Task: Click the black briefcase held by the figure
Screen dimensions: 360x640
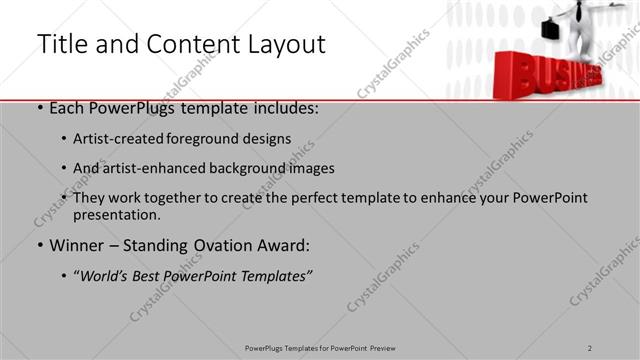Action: [551, 30]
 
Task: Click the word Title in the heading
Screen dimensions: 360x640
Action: [62, 44]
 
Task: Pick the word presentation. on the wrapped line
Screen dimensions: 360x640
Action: [116, 214]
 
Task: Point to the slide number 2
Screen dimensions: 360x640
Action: [590, 347]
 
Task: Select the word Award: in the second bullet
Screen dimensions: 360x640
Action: [285, 245]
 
